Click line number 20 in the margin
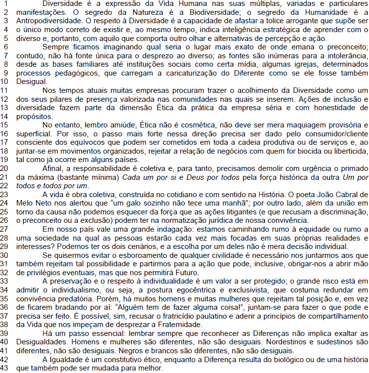tap(6, 168)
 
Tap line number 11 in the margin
tap(6, 90)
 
